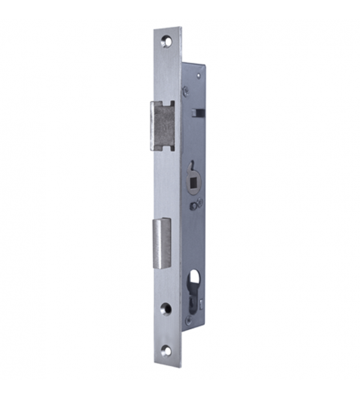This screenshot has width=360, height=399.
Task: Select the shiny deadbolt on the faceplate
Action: pos(162,244)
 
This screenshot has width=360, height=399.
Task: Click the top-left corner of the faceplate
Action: pos(154,30)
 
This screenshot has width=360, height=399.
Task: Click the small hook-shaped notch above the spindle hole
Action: pos(191,163)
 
